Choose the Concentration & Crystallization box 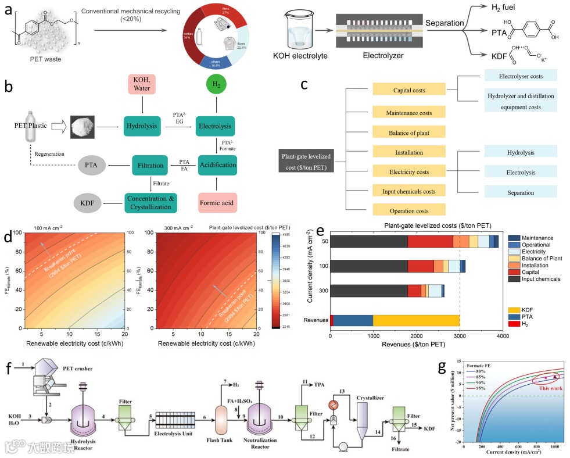click(x=152, y=202)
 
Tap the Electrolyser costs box click(x=520, y=76)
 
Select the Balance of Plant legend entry click(x=535, y=257)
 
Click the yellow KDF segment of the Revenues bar click(x=416, y=320)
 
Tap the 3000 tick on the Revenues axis click(x=460, y=337)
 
